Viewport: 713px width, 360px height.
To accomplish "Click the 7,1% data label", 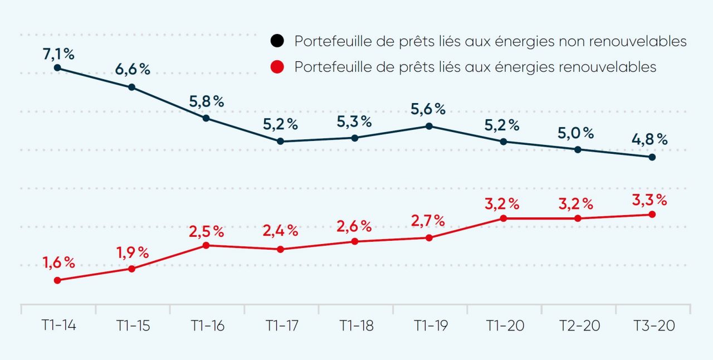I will [58, 55].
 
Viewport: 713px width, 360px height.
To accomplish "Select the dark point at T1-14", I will [57, 68].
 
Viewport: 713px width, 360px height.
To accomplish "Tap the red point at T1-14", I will [57, 280].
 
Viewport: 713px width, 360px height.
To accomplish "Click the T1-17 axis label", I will [281, 326].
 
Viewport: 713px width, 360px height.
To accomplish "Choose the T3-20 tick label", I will [654, 326].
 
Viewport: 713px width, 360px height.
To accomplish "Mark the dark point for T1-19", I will [429, 126].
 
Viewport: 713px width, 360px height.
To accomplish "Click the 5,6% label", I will [428, 110].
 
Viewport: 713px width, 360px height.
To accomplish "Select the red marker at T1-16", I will [206, 245].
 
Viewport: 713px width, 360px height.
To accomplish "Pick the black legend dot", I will [277, 41].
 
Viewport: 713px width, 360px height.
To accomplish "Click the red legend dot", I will [277, 67].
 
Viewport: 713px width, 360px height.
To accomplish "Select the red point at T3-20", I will [652, 214].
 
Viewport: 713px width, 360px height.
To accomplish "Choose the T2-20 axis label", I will [579, 326].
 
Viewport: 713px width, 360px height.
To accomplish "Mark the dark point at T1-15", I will [131, 87].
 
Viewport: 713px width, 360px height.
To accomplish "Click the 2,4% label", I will [281, 230].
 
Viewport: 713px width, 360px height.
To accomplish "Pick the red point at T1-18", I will [355, 241].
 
